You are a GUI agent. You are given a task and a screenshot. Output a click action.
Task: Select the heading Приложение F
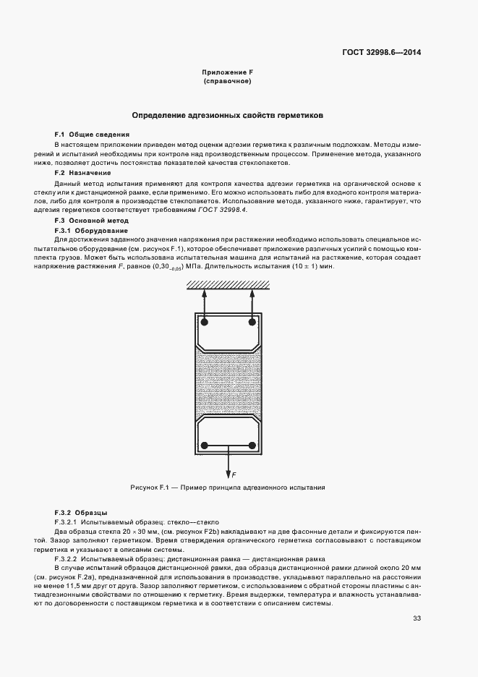point(227,72)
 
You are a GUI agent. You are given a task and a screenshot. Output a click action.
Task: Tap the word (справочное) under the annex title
point(227,82)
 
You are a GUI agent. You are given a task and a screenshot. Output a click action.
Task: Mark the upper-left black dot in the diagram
point(205,321)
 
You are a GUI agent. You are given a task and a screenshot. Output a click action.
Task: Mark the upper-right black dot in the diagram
point(252,321)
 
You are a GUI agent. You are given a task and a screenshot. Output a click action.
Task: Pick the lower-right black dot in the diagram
point(252,444)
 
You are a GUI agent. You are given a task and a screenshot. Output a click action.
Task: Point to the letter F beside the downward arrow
point(234,474)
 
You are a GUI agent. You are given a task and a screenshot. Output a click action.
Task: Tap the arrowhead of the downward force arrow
point(229,469)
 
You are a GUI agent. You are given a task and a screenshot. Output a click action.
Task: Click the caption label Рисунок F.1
point(149,487)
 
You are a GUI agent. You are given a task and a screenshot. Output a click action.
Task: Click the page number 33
point(417,618)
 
